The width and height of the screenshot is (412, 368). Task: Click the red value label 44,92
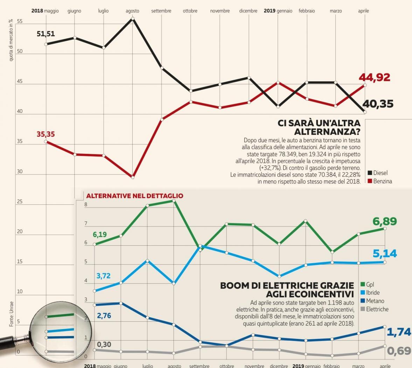click(x=374, y=77)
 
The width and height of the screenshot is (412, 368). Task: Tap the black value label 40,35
click(x=378, y=104)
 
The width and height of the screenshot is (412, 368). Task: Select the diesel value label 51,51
click(x=46, y=34)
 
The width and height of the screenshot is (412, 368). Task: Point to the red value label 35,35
click(x=46, y=134)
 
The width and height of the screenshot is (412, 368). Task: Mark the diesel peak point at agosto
click(x=133, y=19)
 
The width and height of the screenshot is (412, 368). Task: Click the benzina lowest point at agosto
click(x=133, y=177)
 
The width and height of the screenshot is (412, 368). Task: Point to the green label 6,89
click(x=384, y=222)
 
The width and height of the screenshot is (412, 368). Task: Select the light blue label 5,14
click(x=385, y=253)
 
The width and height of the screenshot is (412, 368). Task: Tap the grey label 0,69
click(x=399, y=350)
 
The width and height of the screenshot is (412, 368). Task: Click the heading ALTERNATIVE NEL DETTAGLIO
click(x=135, y=196)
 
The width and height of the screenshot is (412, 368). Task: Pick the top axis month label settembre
click(x=161, y=11)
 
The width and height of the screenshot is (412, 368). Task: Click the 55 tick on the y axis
click(x=20, y=22)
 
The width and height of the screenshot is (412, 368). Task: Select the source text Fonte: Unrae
click(x=11, y=314)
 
